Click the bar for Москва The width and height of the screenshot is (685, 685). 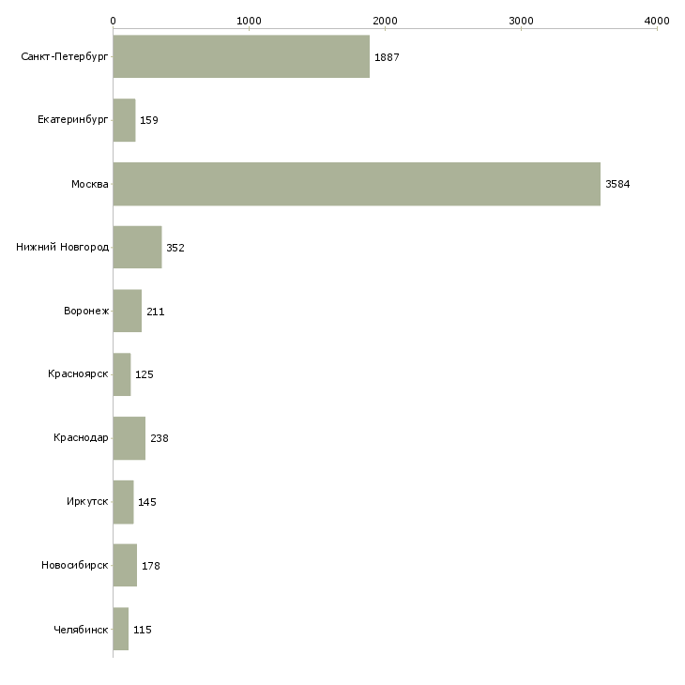pyautogui.click(x=357, y=184)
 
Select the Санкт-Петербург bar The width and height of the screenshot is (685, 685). pyautogui.click(x=241, y=57)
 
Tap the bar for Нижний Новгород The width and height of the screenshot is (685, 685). pyautogui.click(x=137, y=248)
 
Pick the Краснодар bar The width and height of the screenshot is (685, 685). pyautogui.click(x=129, y=438)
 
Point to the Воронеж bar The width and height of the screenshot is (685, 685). pyautogui.click(x=128, y=312)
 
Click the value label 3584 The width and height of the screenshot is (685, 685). pyautogui.click(x=617, y=184)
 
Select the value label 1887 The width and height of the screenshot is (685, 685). pyautogui.click(x=387, y=57)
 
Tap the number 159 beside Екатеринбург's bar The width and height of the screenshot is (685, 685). pyautogui.click(x=149, y=121)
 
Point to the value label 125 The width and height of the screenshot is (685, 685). pyautogui.click(x=145, y=374)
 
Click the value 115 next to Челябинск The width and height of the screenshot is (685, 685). pyautogui.click(x=143, y=630)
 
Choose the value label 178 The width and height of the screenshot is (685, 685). pyautogui.click(x=151, y=566)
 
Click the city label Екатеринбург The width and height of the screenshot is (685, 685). pyautogui.click(x=73, y=121)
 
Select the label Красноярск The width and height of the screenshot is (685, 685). pyautogui.click(x=78, y=374)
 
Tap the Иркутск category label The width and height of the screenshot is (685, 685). pyautogui.click(x=87, y=502)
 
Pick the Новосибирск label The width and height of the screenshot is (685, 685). pyautogui.click(x=75, y=566)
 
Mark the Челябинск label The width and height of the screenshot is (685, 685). pyautogui.click(x=81, y=630)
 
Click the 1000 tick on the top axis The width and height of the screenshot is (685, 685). pyautogui.click(x=249, y=20)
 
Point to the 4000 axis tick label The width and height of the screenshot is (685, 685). pyautogui.click(x=657, y=20)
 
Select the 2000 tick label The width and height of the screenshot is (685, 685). pyautogui.click(x=385, y=20)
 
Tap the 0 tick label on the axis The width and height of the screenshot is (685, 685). pyautogui.click(x=113, y=20)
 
